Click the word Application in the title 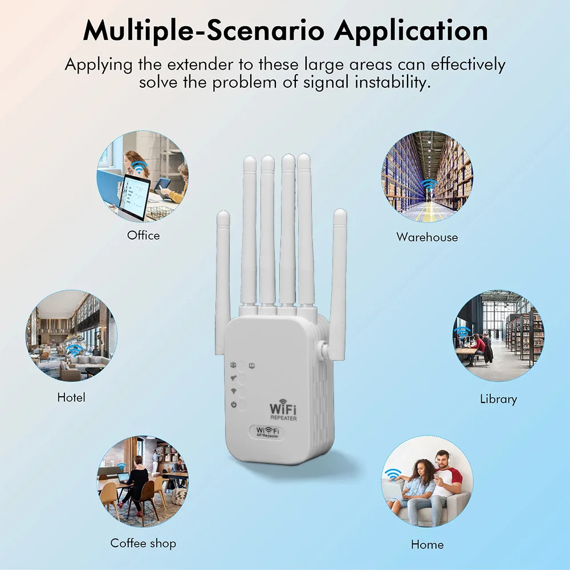[411, 31]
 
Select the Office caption [143, 235]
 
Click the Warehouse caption [427, 237]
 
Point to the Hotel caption [71, 397]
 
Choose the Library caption [498, 399]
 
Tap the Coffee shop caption [143, 543]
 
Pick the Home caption [427, 544]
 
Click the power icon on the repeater [234, 404]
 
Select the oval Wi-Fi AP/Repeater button [267, 432]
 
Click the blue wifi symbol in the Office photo [139, 168]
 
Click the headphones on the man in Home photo [442, 457]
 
